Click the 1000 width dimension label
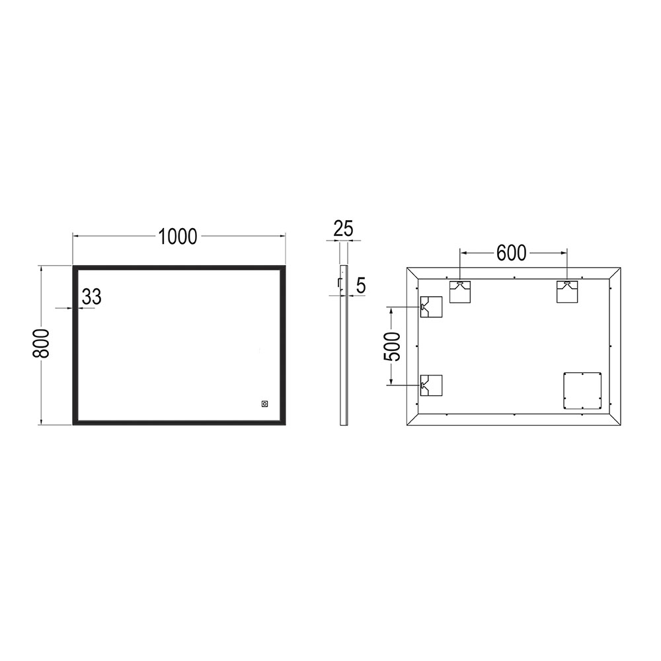(178, 236)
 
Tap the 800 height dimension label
(42, 344)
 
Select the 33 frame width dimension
(92, 297)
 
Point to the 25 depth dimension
(343, 229)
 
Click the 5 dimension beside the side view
(361, 286)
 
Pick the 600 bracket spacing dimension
(512, 253)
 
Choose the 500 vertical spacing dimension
(393, 346)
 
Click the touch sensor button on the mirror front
(264, 403)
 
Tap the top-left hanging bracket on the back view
(461, 292)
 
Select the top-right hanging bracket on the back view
(567, 292)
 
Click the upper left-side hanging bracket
(430, 307)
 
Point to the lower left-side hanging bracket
(430, 385)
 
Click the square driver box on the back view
(582, 391)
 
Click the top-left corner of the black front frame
(75, 268)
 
